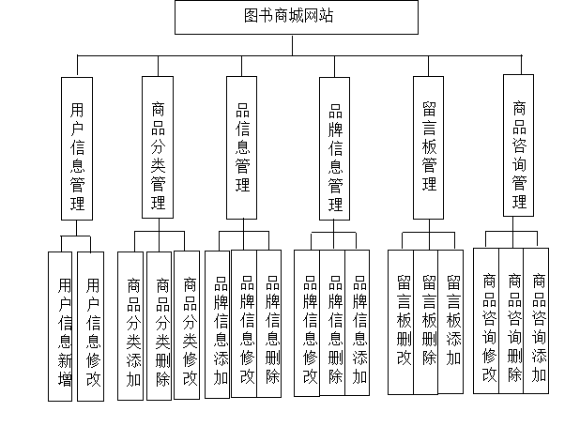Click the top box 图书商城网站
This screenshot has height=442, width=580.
click(x=297, y=17)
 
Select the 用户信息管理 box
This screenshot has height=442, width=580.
click(x=77, y=148)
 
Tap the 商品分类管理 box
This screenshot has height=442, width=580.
click(x=158, y=147)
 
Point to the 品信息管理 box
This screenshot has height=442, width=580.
click(x=241, y=147)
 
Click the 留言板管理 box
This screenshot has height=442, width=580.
click(x=429, y=147)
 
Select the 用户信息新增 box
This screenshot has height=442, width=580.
click(x=62, y=327)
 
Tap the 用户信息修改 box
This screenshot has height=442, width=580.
click(x=91, y=327)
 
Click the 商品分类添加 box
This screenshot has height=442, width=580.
click(x=133, y=327)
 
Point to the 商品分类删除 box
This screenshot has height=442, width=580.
click(x=161, y=327)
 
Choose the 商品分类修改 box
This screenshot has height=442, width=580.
click(x=189, y=327)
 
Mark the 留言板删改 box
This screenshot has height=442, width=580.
click(x=404, y=321)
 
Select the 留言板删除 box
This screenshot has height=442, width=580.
click(x=428, y=321)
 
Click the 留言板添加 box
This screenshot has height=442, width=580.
click(x=452, y=321)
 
